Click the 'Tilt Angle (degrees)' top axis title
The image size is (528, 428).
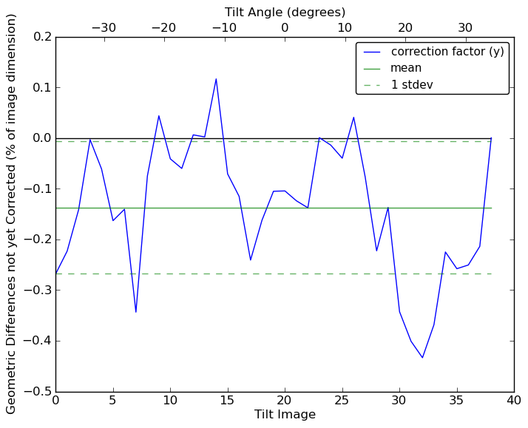click(x=285, y=12)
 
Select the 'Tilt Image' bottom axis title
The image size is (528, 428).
click(x=285, y=415)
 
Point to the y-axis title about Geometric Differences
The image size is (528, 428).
click(x=12, y=214)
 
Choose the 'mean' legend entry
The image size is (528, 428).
click(x=406, y=68)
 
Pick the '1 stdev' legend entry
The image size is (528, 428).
click(x=412, y=85)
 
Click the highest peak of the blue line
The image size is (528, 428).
click(x=216, y=78)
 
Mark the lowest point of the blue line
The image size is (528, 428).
click(x=422, y=358)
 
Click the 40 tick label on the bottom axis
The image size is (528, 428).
click(x=514, y=401)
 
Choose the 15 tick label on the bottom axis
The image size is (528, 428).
click(x=228, y=401)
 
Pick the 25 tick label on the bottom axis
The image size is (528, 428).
click(x=342, y=401)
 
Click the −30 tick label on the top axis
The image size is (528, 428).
click(x=103, y=28)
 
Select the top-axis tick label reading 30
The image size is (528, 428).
click(x=465, y=28)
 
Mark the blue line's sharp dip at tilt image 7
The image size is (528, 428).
click(x=136, y=312)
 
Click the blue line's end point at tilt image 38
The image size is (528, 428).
click(x=491, y=138)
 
